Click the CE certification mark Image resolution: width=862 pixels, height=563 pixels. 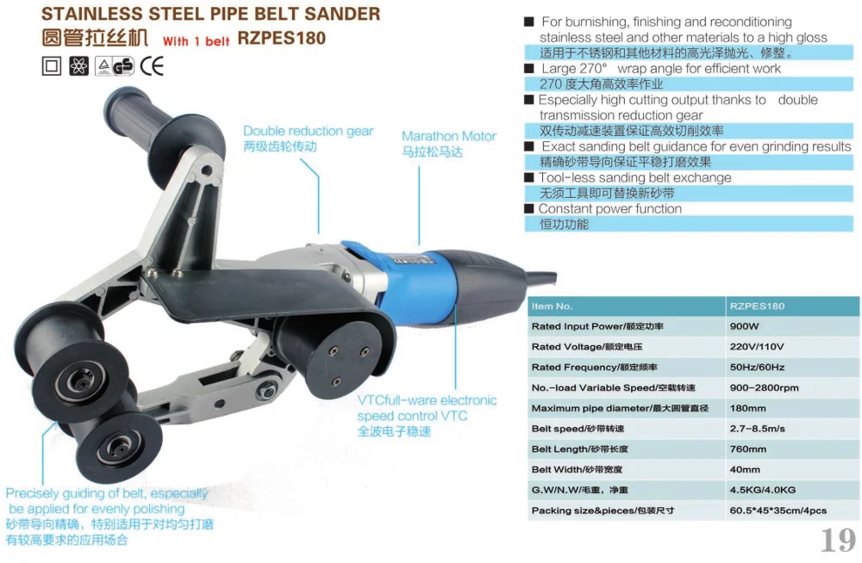pos(152,65)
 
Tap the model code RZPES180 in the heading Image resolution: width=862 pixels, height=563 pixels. pos(282,40)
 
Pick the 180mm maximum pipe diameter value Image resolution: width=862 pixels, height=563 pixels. pos(747,408)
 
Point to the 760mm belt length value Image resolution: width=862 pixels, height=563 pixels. pos(747,449)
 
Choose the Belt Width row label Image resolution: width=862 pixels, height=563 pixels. pos(577,470)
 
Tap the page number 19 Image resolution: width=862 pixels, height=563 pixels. pos(836,540)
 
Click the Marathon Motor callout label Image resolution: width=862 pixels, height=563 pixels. pos(449,136)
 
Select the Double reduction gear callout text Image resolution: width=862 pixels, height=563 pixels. pos(308,131)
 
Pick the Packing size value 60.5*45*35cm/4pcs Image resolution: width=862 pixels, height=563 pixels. pos(778,510)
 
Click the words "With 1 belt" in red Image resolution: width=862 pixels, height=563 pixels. pos(197,41)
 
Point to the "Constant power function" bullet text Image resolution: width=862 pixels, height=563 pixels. pos(609,208)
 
